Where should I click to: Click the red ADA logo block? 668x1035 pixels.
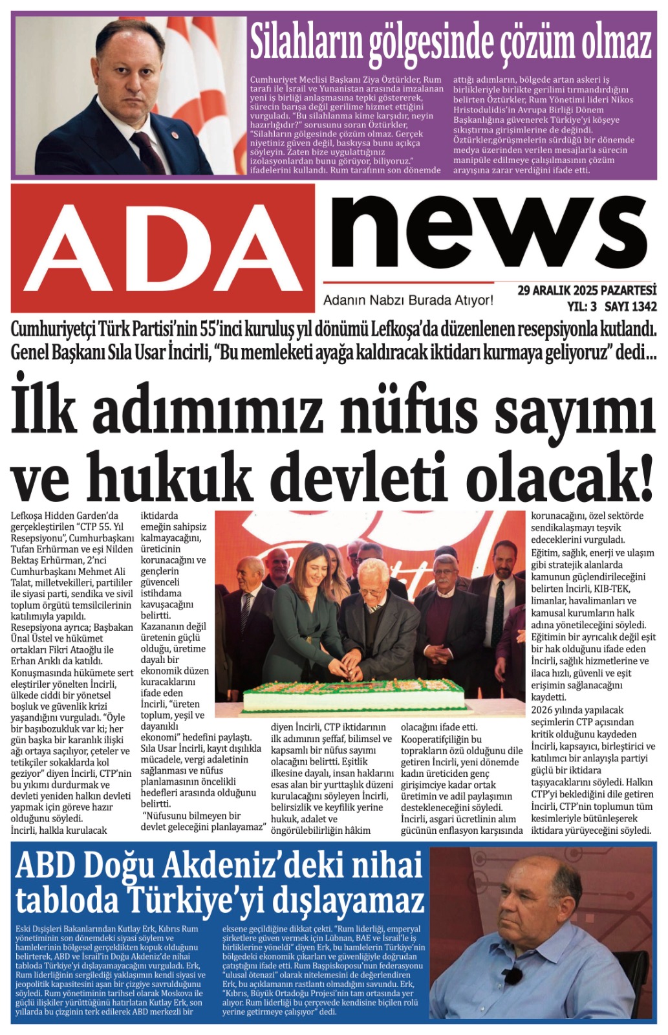pyautogui.click(x=163, y=247)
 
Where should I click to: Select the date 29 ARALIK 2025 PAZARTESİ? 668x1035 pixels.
pyautogui.click(x=587, y=290)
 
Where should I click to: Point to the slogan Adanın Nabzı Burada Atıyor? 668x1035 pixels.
pyautogui.click(x=408, y=300)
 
